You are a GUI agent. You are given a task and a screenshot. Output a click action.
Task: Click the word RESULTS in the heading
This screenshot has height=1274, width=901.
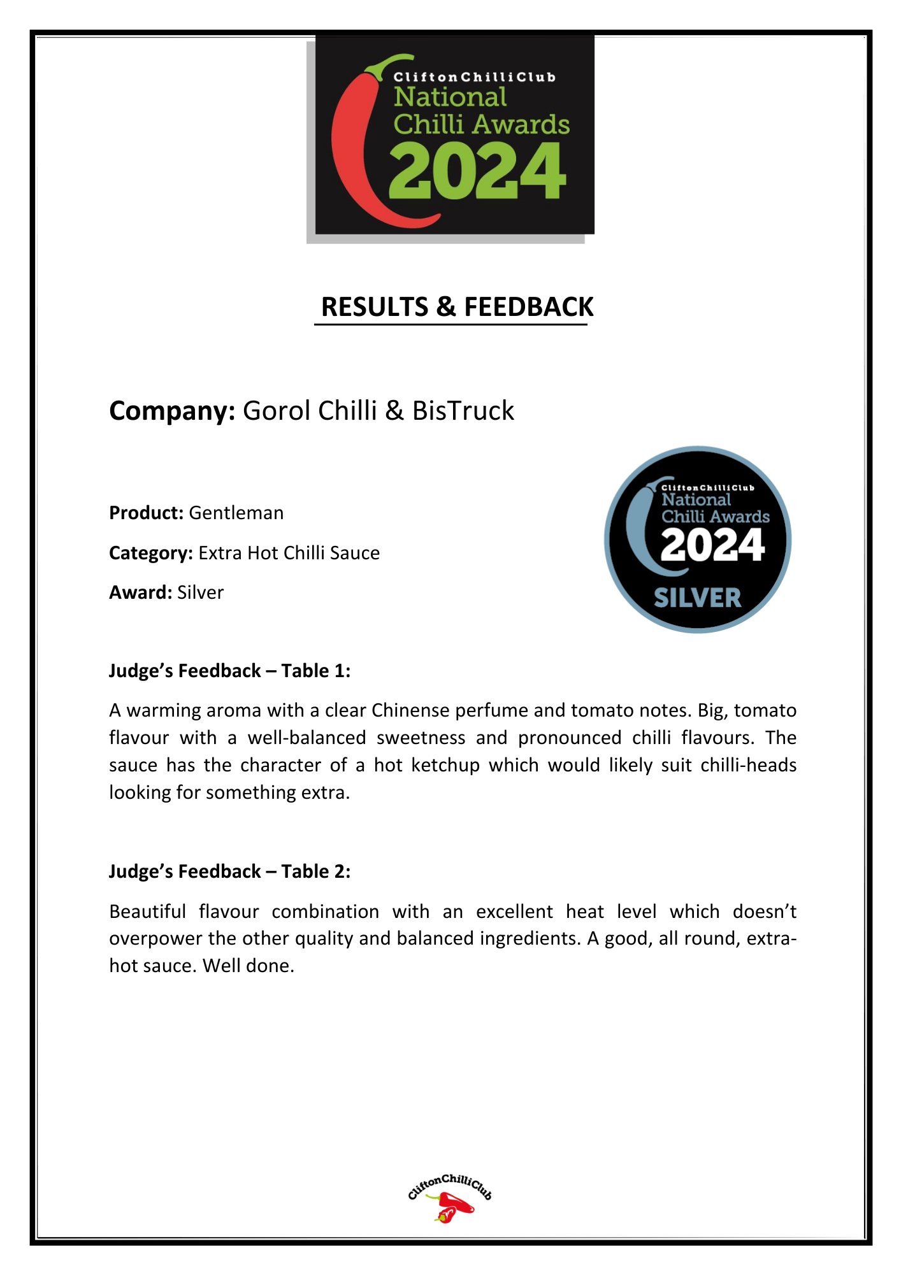(375, 307)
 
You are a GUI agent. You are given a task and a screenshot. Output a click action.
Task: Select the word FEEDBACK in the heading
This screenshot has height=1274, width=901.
(528, 307)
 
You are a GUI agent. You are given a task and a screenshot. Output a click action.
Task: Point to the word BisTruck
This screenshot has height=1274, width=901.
(463, 411)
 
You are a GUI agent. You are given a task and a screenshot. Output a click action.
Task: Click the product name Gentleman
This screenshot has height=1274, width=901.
(236, 513)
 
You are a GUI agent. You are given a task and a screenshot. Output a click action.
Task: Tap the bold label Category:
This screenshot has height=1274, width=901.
(151, 553)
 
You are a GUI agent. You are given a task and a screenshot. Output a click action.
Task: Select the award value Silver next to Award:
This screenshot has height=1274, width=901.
(201, 592)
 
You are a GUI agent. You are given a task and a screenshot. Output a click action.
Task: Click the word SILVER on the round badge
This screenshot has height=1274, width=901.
(698, 598)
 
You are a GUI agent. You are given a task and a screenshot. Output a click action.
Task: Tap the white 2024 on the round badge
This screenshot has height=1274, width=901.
(712, 546)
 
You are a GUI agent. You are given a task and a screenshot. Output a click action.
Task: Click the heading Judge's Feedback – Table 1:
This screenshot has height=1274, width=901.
(229, 671)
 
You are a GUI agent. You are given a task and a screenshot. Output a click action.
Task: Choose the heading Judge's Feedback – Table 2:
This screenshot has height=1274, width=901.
(229, 871)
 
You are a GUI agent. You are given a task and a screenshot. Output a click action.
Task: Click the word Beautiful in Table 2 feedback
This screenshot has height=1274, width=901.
(147, 912)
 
